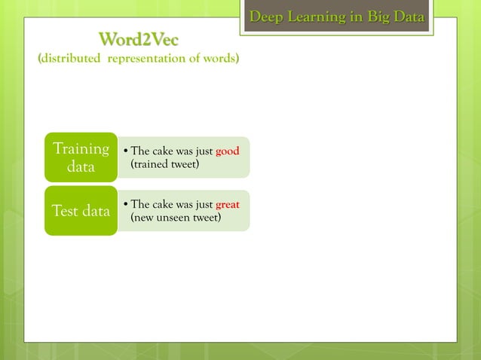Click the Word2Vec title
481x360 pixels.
pyautogui.click(x=139, y=38)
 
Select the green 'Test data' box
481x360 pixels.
pyautogui.click(x=81, y=211)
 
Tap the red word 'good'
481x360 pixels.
pyautogui.click(x=227, y=151)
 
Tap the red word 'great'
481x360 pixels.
pyautogui.click(x=227, y=205)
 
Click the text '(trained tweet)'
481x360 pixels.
pyautogui.click(x=165, y=164)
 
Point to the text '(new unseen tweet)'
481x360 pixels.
pyautogui.click(x=176, y=218)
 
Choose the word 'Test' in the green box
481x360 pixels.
pyautogui.click(x=65, y=211)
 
